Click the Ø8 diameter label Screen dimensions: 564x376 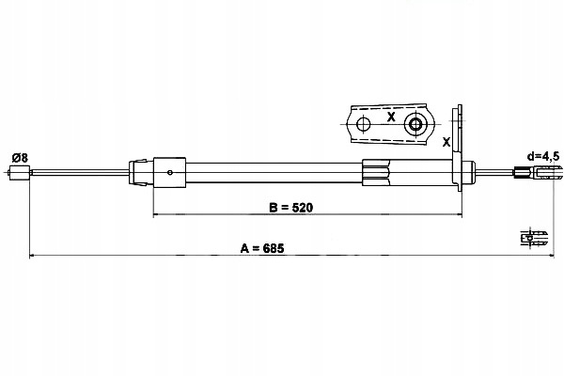pyautogui.click(x=20, y=158)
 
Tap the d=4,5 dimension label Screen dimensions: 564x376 pyautogui.click(x=543, y=156)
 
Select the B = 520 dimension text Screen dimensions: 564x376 pyautogui.click(x=291, y=208)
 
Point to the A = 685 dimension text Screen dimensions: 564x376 pyautogui.click(x=262, y=248)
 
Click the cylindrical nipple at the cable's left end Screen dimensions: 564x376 pyautogui.click(x=20, y=172)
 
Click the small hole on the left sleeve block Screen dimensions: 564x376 pyautogui.click(x=170, y=172)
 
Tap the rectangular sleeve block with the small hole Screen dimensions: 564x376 pyautogui.click(x=169, y=172)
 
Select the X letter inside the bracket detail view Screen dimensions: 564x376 pyautogui.click(x=391, y=117)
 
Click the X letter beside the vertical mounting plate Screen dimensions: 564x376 pyautogui.click(x=446, y=142)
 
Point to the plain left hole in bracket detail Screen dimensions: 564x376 pyautogui.click(x=363, y=124)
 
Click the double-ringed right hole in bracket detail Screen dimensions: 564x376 pyautogui.click(x=415, y=124)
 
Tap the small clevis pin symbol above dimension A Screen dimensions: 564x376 pyautogui.click(x=534, y=238)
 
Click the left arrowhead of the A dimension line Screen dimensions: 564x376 pyautogui.click(x=31, y=255)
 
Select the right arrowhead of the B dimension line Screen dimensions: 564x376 pyautogui.click(x=460, y=214)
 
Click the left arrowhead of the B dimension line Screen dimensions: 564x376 pyautogui.click(x=156, y=214)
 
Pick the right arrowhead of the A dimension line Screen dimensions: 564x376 pyautogui.click(x=552, y=255)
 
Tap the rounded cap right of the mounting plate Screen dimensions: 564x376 pyautogui.click(x=468, y=172)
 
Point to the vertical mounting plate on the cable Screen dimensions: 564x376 pyautogui.click(x=457, y=149)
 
